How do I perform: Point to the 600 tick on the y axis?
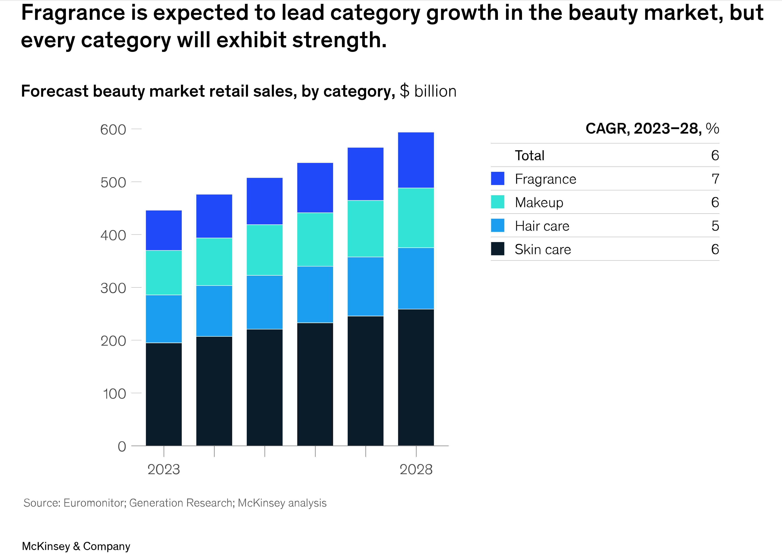coord(113,130)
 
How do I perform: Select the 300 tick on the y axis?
coord(113,288)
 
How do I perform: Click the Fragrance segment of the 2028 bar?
coord(416,160)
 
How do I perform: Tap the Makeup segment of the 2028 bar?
coord(416,218)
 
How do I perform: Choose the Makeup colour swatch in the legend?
coord(498,202)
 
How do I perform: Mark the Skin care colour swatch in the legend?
coord(498,249)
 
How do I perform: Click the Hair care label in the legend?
coord(542,226)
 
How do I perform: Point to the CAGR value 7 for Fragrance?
coord(715,179)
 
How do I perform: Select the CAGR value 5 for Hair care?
coord(715,226)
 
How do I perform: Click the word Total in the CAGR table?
coord(529,155)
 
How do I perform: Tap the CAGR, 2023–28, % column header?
coord(652,129)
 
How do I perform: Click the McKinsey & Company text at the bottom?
coord(76,546)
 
